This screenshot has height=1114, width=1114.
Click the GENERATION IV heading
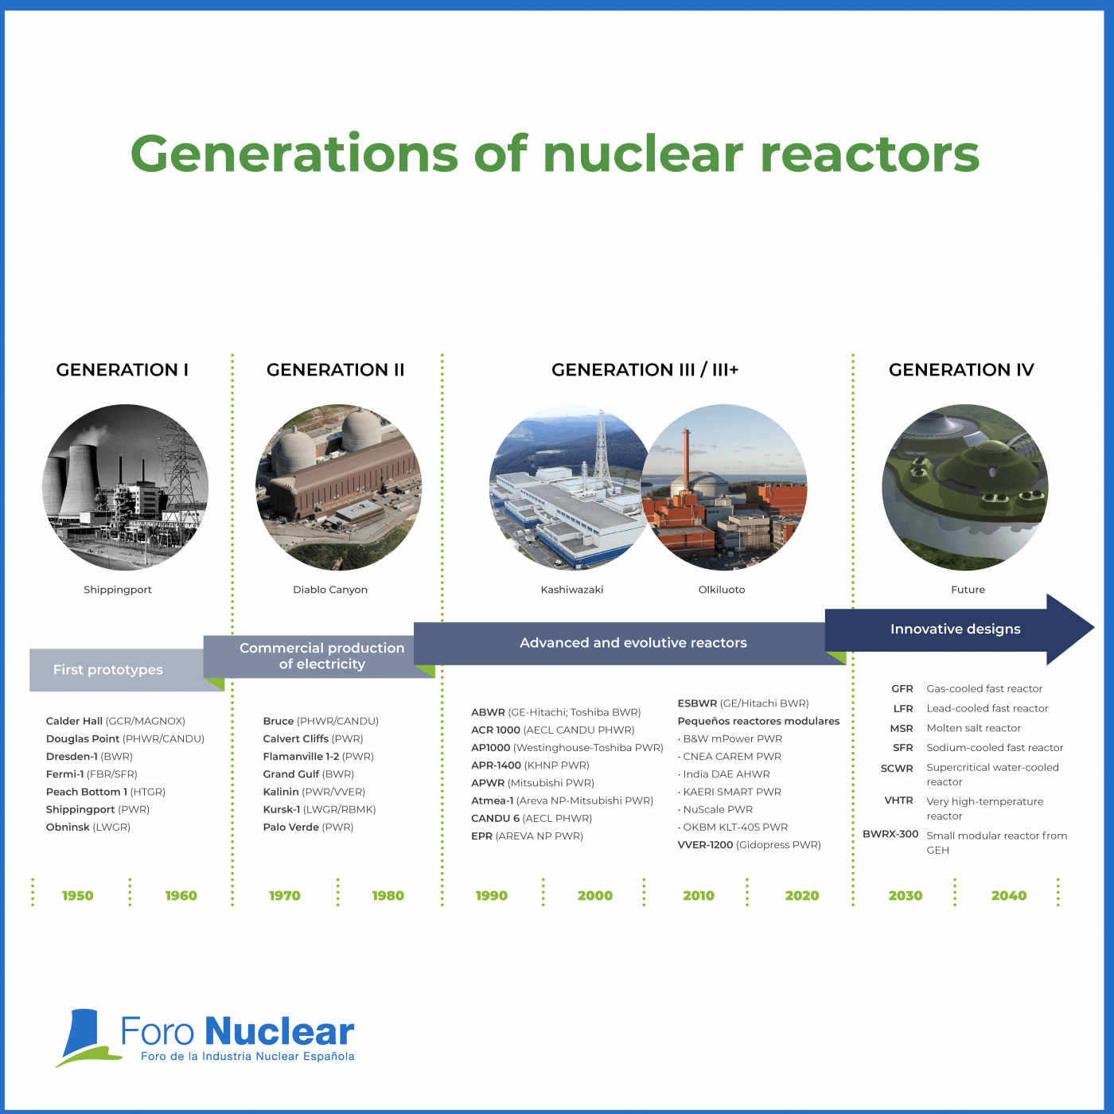960,369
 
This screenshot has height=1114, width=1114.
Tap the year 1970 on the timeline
284,895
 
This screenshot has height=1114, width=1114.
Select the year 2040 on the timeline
1009,895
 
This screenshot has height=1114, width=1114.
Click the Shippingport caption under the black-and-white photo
117,590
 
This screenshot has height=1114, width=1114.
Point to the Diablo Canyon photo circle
339,487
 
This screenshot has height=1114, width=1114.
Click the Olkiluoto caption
722,590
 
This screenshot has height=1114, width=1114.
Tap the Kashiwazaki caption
572,590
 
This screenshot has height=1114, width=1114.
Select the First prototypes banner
108,669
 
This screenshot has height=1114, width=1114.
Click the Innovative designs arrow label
955,629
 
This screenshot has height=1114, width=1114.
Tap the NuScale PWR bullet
715,809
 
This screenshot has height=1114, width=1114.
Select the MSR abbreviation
902,728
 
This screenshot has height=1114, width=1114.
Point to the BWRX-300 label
890,834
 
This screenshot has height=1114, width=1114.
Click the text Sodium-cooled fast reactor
995,747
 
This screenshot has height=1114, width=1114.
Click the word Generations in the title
294,154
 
